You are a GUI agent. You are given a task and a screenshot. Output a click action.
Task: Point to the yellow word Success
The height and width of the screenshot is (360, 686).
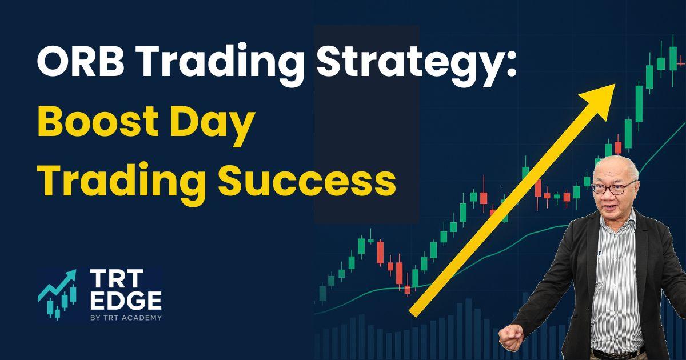pyautogui.click(x=307, y=181)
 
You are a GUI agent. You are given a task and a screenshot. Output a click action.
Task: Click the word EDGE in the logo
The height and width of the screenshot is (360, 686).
pyautogui.click(x=126, y=301)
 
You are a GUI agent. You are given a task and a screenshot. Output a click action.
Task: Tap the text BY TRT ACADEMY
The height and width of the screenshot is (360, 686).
pyautogui.click(x=126, y=318)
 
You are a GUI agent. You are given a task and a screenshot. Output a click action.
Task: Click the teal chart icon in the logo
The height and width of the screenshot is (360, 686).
pyautogui.click(x=57, y=295)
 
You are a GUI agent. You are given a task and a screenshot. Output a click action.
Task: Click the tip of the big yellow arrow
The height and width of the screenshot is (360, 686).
pyautogui.click(x=615, y=84)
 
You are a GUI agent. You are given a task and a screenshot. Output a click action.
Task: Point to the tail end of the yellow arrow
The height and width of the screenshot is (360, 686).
pyautogui.click(x=412, y=314)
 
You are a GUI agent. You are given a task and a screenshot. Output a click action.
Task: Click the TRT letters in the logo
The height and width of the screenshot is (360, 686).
pyautogui.click(x=117, y=278)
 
